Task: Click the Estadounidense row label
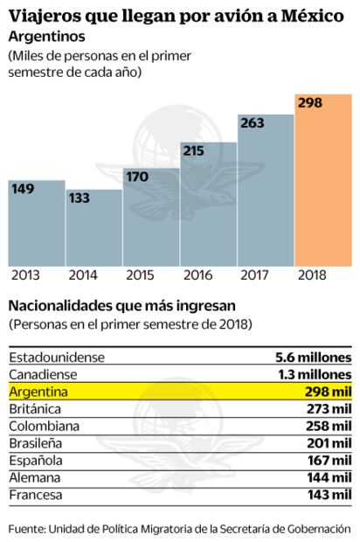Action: [x=56, y=357]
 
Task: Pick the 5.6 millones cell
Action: [x=313, y=357]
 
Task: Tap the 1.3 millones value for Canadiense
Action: [x=313, y=374]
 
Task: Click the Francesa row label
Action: [x=37, y=495]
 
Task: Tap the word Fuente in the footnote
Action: [x=26, y=528]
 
